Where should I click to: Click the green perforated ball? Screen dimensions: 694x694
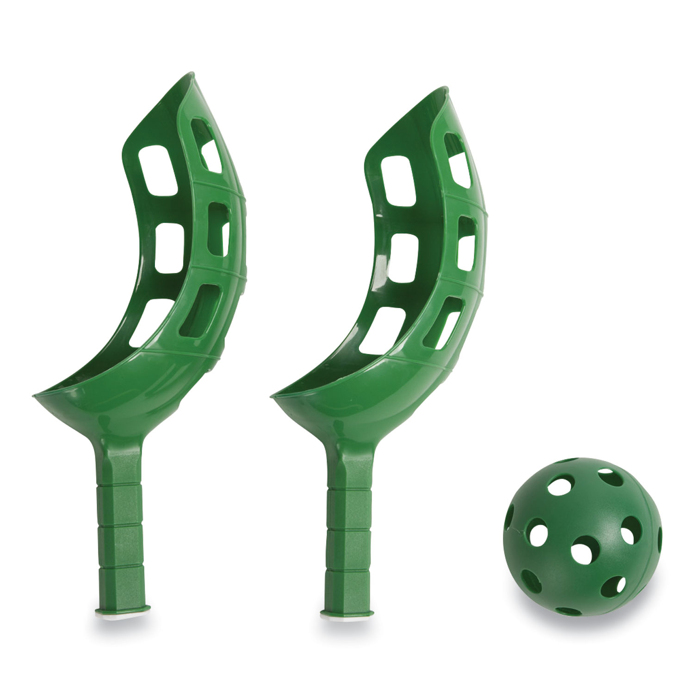pyautogui.click(x=582, y=537)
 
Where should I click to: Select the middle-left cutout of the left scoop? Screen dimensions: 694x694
pyautogui.click(x=169, y=248)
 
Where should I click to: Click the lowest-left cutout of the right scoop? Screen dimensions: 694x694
pyautogui.click(x=382, y=330)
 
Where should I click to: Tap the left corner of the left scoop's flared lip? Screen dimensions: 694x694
pyautogui.click(x=35, y=396)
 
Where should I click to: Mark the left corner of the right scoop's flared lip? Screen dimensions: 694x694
pyautogui.click(x=273, y=396)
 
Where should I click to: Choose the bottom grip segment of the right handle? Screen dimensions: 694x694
pyautogui.click(x=347, y=590)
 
